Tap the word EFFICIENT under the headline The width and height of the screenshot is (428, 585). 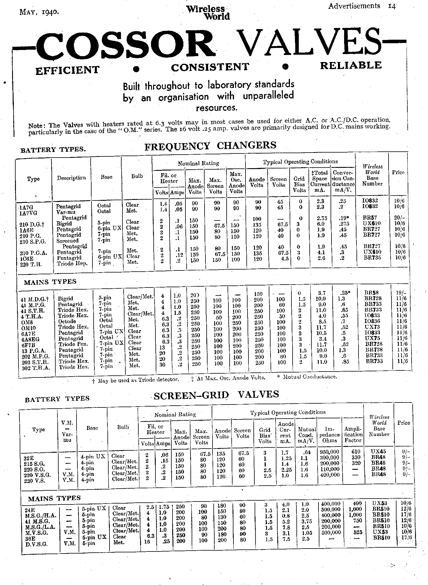coord(67,71)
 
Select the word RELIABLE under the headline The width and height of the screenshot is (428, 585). coord(351,66)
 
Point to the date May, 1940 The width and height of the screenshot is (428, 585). coord(39,12)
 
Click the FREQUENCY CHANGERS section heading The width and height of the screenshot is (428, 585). coord(210,146)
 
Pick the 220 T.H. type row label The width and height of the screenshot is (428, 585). coord(31,264)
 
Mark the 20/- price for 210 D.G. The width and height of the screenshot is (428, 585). coord(399,218)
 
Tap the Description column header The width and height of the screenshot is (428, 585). coord(71,178)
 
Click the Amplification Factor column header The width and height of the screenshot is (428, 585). coord(353,434)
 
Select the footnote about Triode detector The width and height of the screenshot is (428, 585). coord(135,380)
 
